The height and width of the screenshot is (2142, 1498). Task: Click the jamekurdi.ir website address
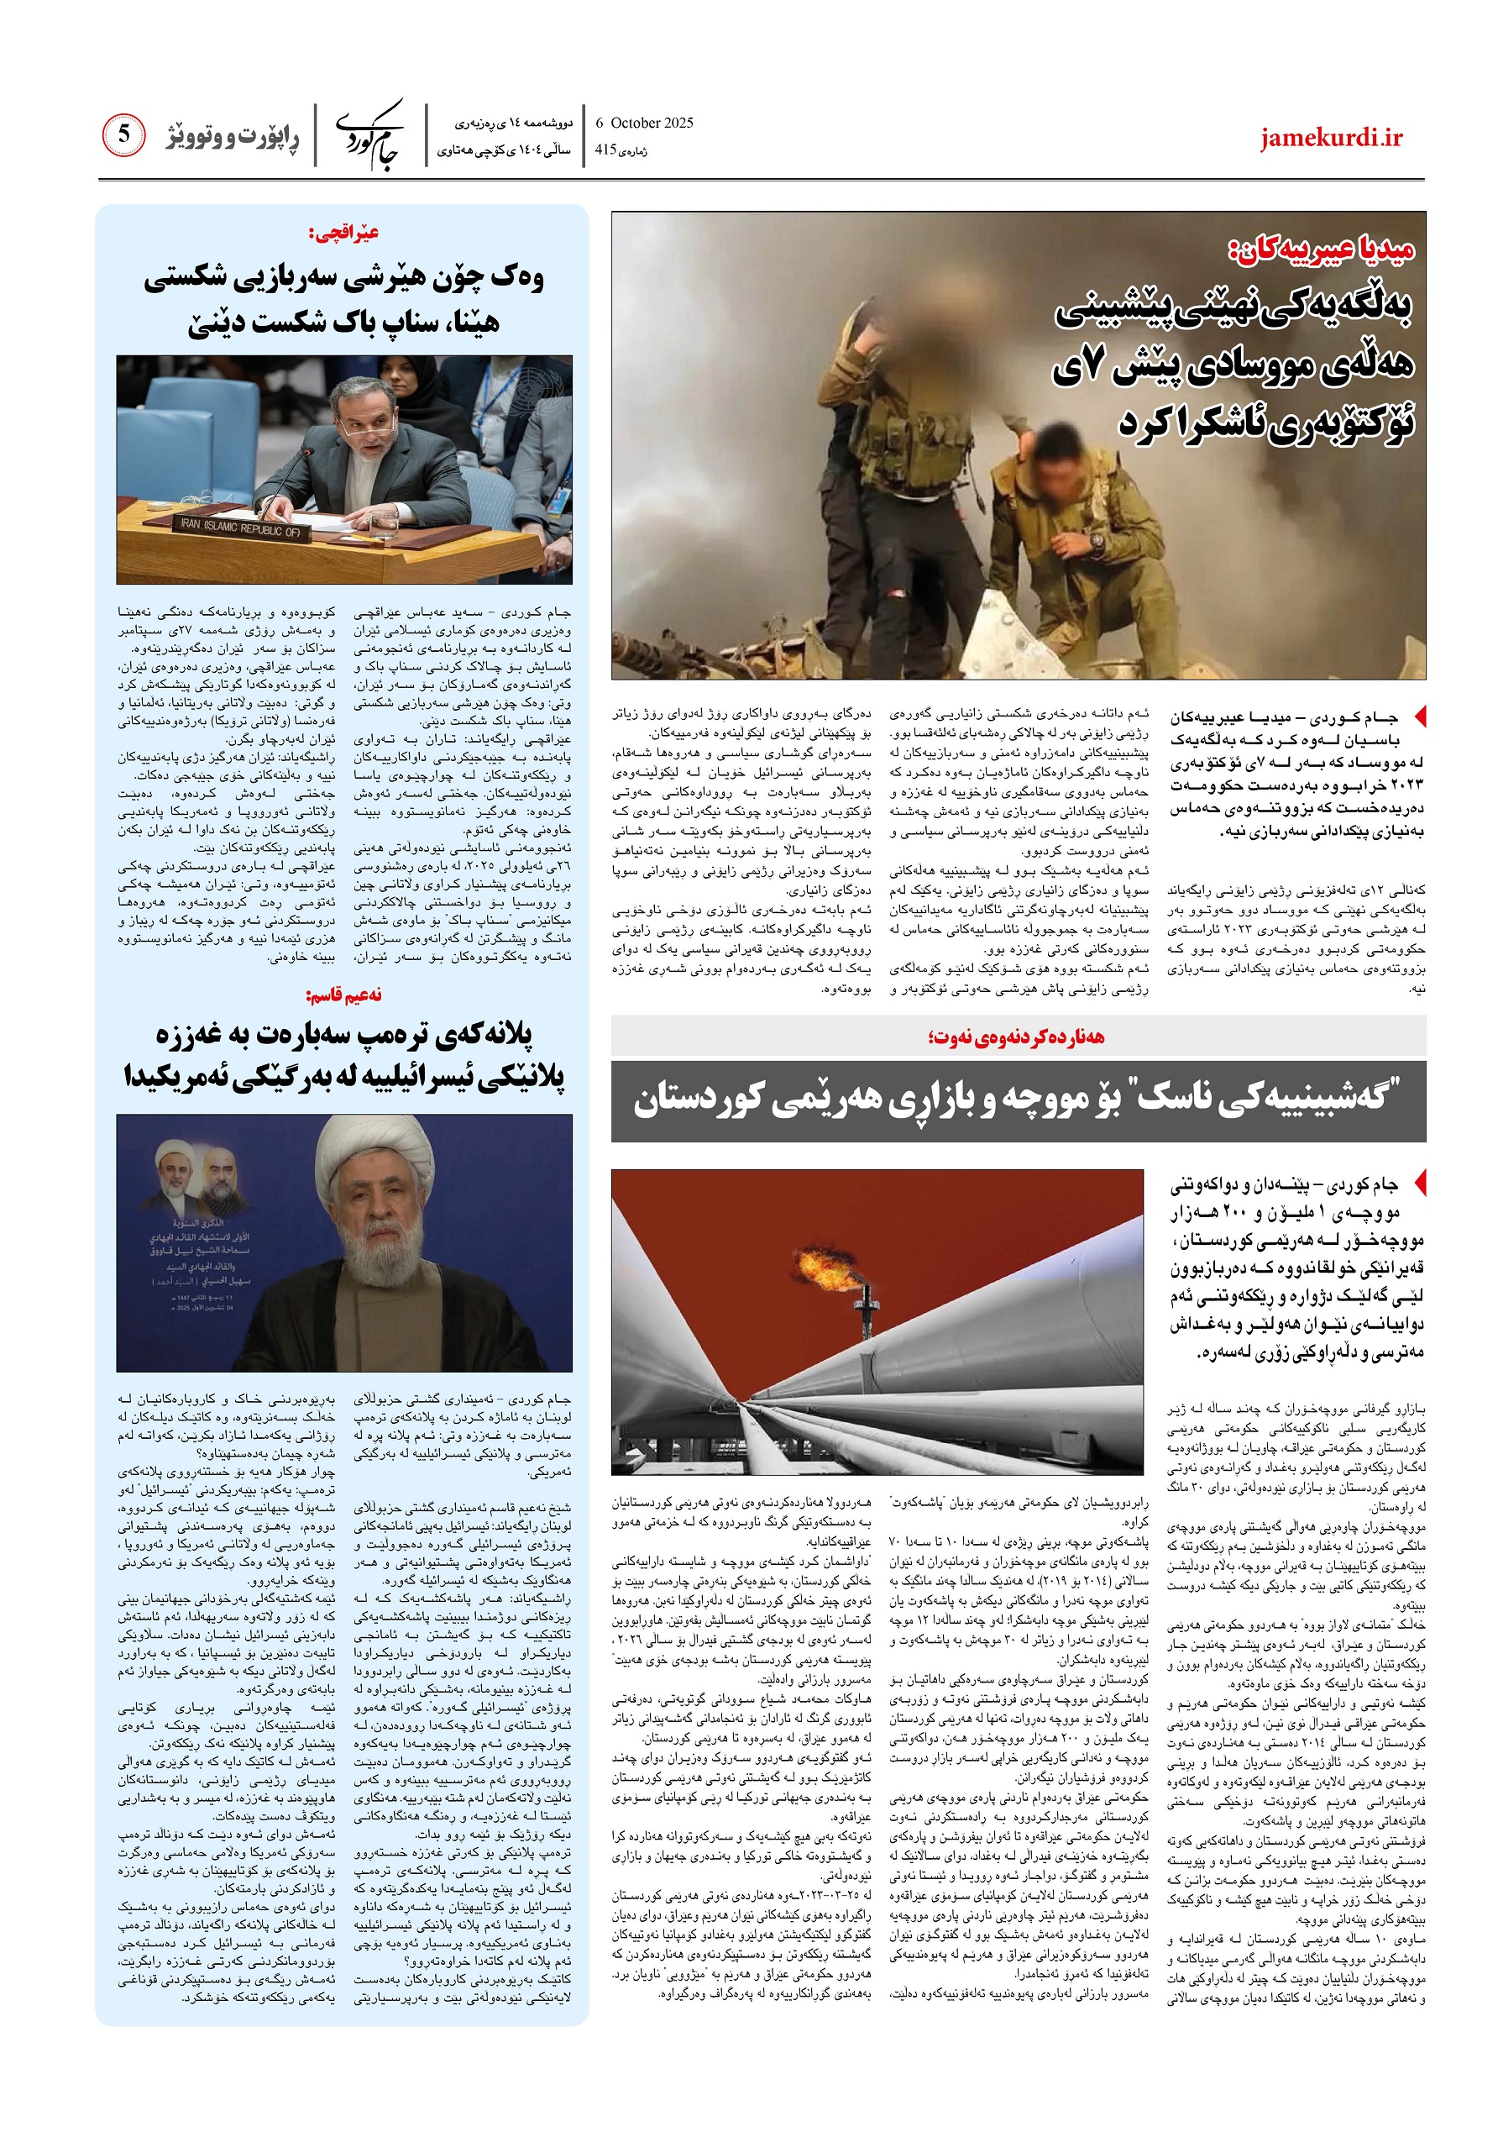[x=1331, y=138]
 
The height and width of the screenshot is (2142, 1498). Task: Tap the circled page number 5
[x=124, y=135]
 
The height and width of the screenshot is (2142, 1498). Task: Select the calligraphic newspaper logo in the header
[x=369, y=136]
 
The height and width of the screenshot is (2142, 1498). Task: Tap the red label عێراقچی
[x=344, y=233]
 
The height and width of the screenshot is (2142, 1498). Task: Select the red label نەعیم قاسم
[x=344, y=995]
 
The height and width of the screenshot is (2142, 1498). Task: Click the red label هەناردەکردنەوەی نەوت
[x=1016, y=1037]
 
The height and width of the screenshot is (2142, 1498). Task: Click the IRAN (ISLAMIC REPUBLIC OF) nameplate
[x=241, y=528]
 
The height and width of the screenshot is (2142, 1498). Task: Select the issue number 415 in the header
[x=606, y=150]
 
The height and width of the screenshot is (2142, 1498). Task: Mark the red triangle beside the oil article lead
[x=1420, y=1183]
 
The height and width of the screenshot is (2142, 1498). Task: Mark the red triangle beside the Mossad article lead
[x=1420, y=717]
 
